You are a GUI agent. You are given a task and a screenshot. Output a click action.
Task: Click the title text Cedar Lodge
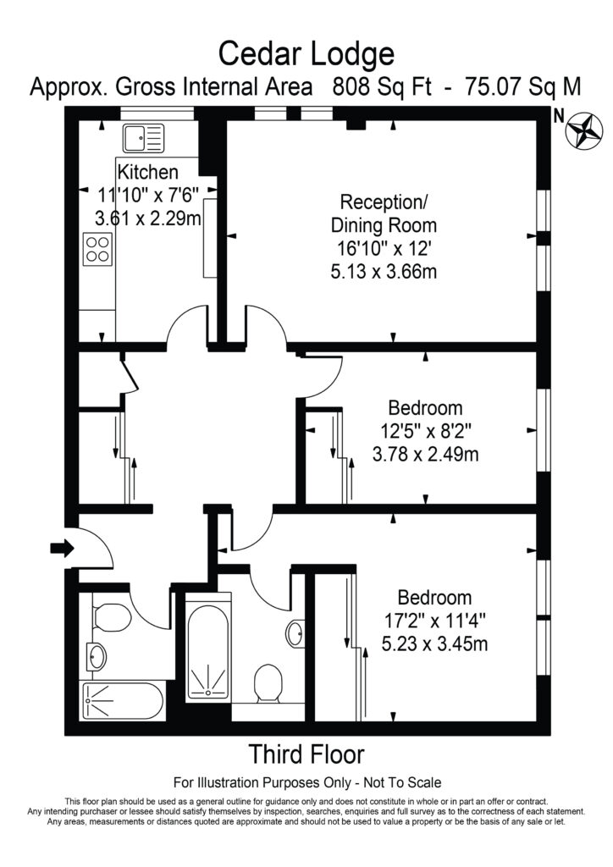pos(306,54)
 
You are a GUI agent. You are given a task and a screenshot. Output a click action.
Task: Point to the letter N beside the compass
pos(558,116)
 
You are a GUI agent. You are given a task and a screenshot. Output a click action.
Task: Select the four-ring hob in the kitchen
pos(97,249)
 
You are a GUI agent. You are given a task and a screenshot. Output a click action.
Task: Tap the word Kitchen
pos(148,172)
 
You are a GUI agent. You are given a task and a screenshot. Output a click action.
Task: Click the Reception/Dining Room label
pos(384,214)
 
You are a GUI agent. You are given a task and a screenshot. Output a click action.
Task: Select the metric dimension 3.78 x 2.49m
pos(425,454)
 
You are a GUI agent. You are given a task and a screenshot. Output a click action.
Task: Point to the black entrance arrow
pos(62,549)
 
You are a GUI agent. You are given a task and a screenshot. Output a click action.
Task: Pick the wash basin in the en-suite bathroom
pos(295,633)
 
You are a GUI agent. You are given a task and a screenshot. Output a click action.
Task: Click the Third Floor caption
pos(306,753)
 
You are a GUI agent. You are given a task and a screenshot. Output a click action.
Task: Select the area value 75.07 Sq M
pos(506,86)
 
